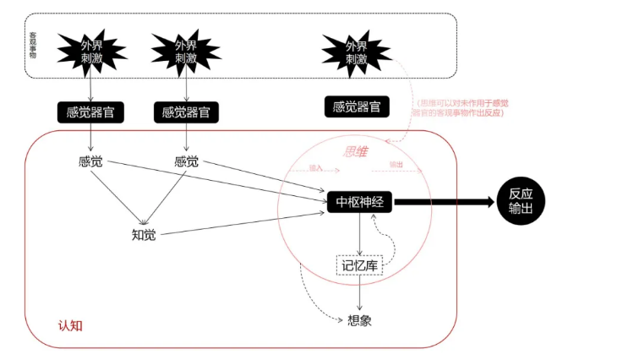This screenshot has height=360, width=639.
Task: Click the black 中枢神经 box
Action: click(361, 202)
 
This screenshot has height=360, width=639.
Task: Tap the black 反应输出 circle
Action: click(521, 202)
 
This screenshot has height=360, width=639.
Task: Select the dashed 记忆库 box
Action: click(359, 266)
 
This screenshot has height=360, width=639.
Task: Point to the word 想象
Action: click(360, 320)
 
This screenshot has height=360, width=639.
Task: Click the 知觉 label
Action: click(144, 234)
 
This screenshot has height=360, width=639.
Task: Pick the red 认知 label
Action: click(69, 325)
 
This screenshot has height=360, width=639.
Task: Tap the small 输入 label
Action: click(317, 167)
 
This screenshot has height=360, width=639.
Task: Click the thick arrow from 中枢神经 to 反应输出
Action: click(444, 203)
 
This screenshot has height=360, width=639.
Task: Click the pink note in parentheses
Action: click(460, 107)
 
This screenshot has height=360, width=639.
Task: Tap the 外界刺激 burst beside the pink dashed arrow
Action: click(356, 52)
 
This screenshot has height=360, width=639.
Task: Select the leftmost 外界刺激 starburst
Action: click(90, 52)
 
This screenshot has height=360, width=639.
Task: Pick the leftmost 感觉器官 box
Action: click(90, 112)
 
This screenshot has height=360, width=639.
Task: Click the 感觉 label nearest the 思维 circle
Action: click(186, 161)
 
